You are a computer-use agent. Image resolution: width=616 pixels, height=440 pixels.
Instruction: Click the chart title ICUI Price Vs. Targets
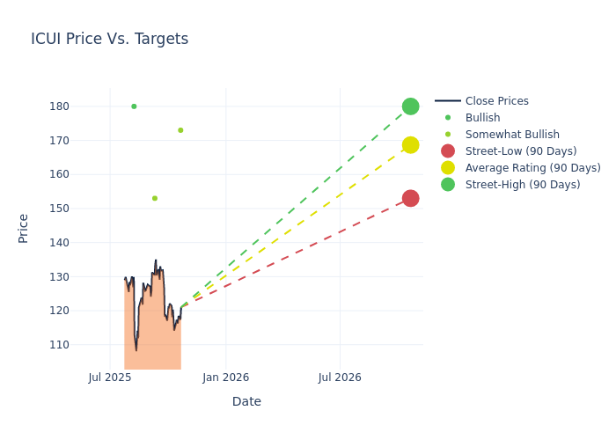point(109,39)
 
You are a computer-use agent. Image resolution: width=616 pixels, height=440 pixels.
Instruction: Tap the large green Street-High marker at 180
point(410,106)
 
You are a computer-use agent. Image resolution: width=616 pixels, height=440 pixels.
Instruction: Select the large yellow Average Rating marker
point(410,145)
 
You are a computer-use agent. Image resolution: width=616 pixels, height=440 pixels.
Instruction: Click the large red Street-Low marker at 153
point(410,198)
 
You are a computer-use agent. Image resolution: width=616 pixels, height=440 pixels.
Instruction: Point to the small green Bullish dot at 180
point(134,106)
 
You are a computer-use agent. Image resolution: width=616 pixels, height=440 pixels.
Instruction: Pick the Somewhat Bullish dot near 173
point(180,130)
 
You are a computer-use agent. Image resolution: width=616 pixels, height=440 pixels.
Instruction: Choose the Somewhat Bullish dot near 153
point(155,198)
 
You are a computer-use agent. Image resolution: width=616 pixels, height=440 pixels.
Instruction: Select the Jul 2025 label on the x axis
point(110,378)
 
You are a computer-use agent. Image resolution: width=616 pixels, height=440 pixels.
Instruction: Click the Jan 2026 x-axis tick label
point(225,378)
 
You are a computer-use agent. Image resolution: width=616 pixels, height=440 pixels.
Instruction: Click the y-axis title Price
point(24,228)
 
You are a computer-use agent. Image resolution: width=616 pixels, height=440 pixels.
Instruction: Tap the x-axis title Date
point(246,401)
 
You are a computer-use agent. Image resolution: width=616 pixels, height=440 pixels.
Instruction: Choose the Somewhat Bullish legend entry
point(512,135)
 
